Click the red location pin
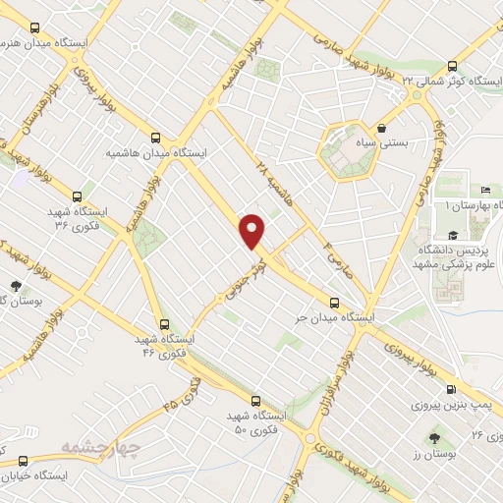coord(253,230)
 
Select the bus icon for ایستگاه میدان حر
coord(335,303)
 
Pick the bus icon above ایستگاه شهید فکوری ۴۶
coord(164,322)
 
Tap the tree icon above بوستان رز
coord(434,432)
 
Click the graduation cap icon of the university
coord(452,234)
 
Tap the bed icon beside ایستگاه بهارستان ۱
coord(486,190)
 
